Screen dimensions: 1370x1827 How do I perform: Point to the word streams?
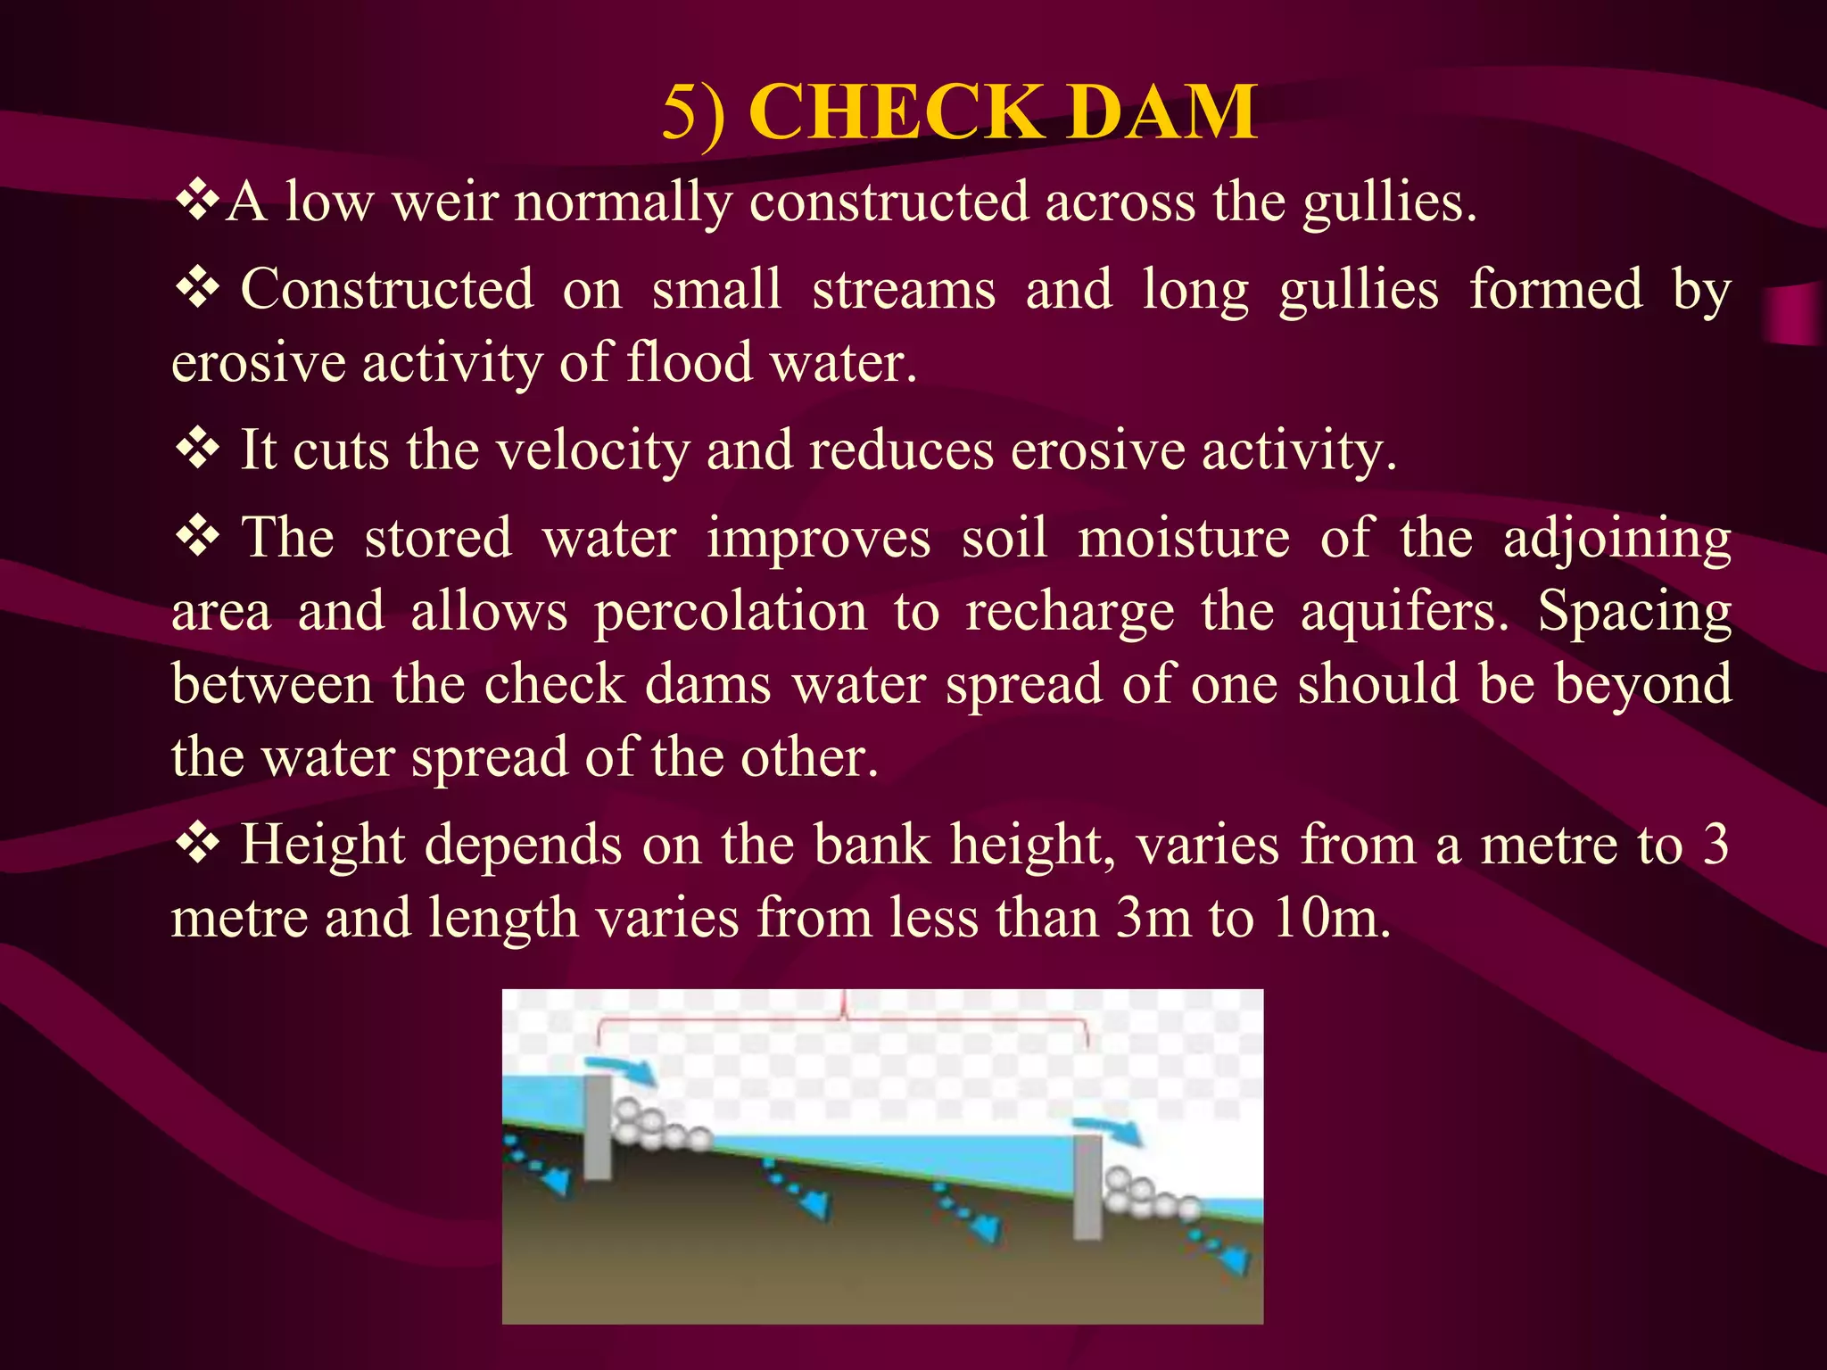point(903,291)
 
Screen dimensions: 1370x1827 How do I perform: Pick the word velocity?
point(592,450)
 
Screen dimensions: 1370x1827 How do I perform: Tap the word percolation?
point(731,614)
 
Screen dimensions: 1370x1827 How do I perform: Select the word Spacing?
point(1634,614)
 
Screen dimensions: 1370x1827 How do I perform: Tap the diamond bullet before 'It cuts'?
point(197,448)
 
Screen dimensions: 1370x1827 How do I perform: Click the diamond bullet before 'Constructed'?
point(197,288)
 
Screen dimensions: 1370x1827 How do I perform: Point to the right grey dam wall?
point(1087,1186)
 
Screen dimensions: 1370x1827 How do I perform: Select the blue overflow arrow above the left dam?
point(621,1069)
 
